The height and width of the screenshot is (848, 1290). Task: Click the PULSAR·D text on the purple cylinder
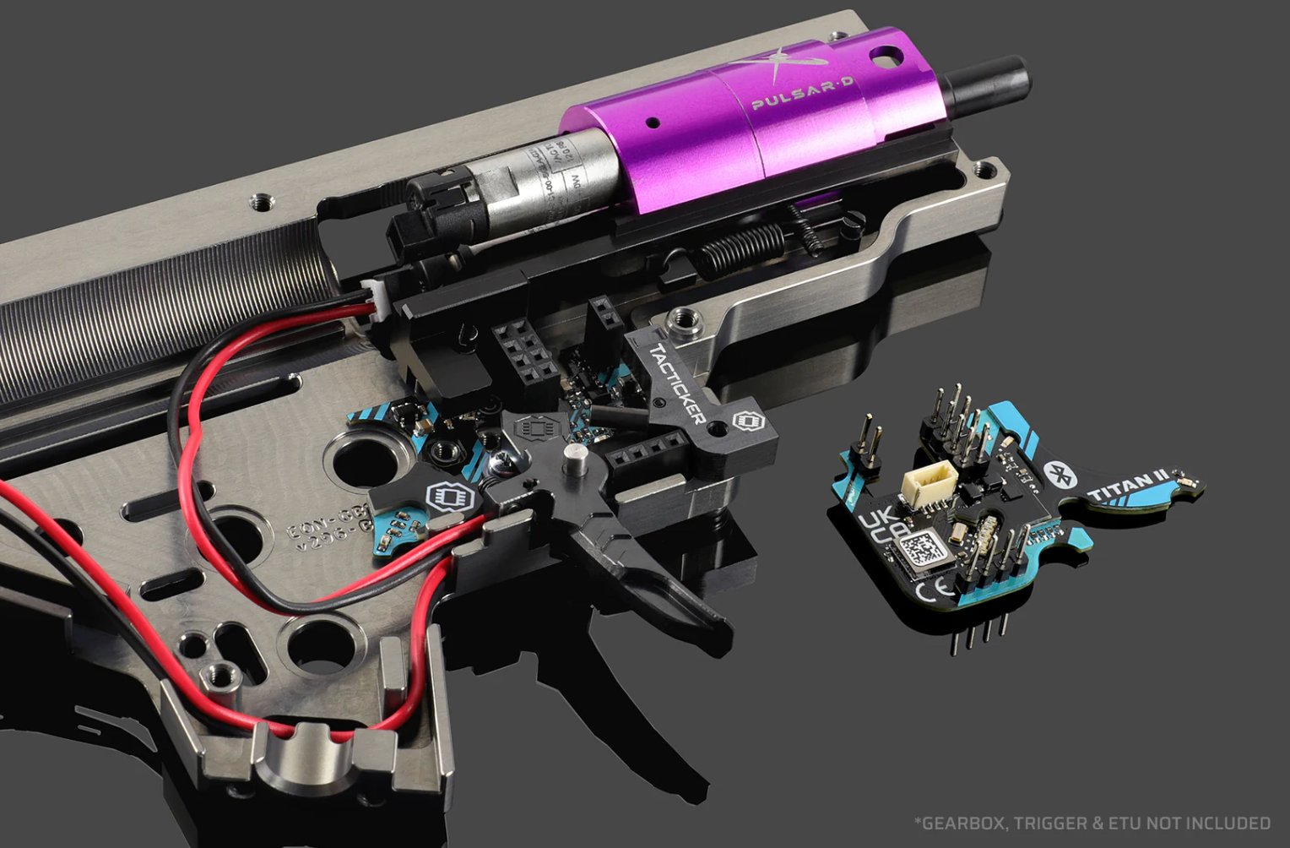click(802, 92)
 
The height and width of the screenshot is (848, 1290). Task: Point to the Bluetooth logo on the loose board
click(1059, 476)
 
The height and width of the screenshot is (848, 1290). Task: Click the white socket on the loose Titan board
click(924, 491)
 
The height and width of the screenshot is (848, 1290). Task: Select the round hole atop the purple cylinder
click(881, 58)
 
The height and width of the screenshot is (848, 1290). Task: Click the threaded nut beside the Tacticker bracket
click(683, 319)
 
